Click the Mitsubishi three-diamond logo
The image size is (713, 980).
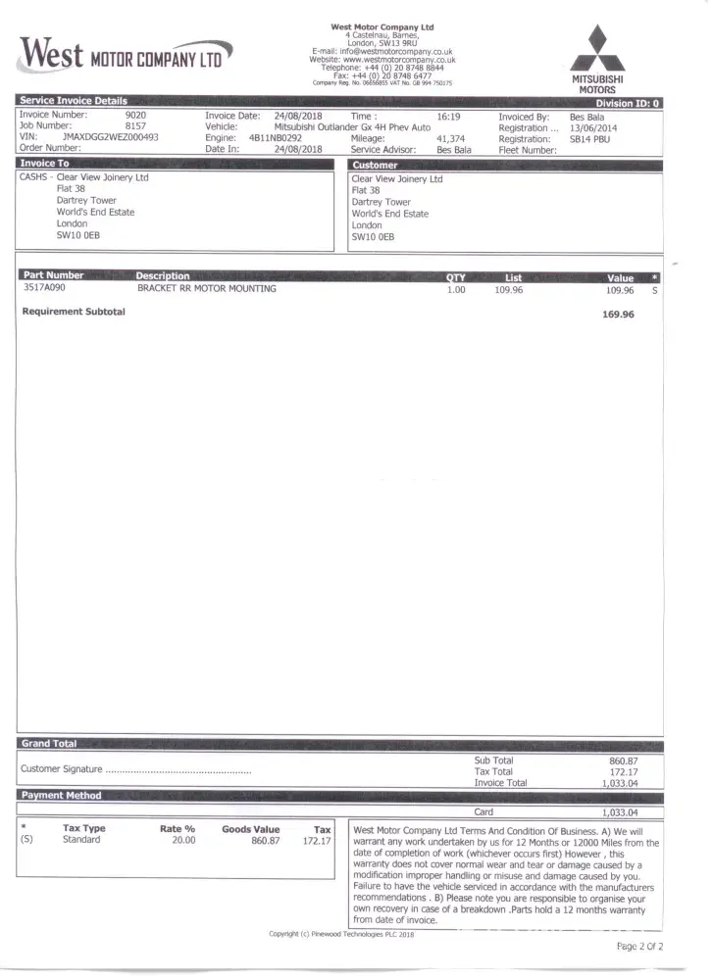pos(598,49)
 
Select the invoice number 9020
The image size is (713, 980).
pos(135,116)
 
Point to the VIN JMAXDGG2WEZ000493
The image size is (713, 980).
pos(110,138)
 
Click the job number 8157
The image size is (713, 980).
pos(135,126)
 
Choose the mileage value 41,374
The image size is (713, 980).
pos(450,138)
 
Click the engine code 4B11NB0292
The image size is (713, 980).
pos(276,138)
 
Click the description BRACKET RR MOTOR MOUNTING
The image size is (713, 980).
pos(207,289)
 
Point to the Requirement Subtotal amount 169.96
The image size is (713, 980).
pos(618,315)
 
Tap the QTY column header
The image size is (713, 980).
pos(456,277)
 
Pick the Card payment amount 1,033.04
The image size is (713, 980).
pos(619,812)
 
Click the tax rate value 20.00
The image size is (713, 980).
pos(183,840)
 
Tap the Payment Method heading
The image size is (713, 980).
pos(61,795)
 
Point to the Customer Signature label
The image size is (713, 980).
pos(61,769)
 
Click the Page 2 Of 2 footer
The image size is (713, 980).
pos(639,947)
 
